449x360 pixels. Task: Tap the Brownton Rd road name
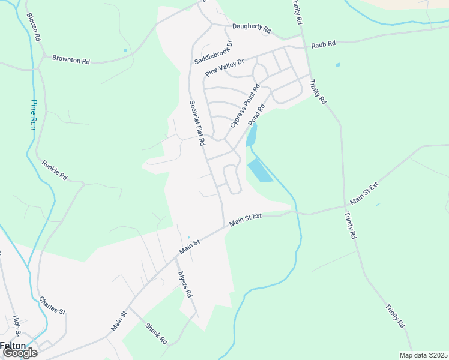click(x=71, y=59)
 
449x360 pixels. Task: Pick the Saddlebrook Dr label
click(x=213, y=53)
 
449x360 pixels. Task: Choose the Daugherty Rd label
click(x=252, y=29)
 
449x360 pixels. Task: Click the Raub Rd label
click(x=323, y=44)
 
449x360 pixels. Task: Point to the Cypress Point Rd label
click(x=245, y=106)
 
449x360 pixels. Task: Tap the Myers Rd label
click(x=185, y=285)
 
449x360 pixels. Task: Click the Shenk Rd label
click(x=156, y=333)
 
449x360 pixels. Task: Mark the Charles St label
click(x=52, y=305)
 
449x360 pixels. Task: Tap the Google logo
click(x=20, y=353)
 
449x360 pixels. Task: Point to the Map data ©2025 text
click(x=423, y=355)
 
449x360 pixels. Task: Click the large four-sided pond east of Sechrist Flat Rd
click(x=260, y=170)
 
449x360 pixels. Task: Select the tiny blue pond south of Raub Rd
click(x=338, y=65)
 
